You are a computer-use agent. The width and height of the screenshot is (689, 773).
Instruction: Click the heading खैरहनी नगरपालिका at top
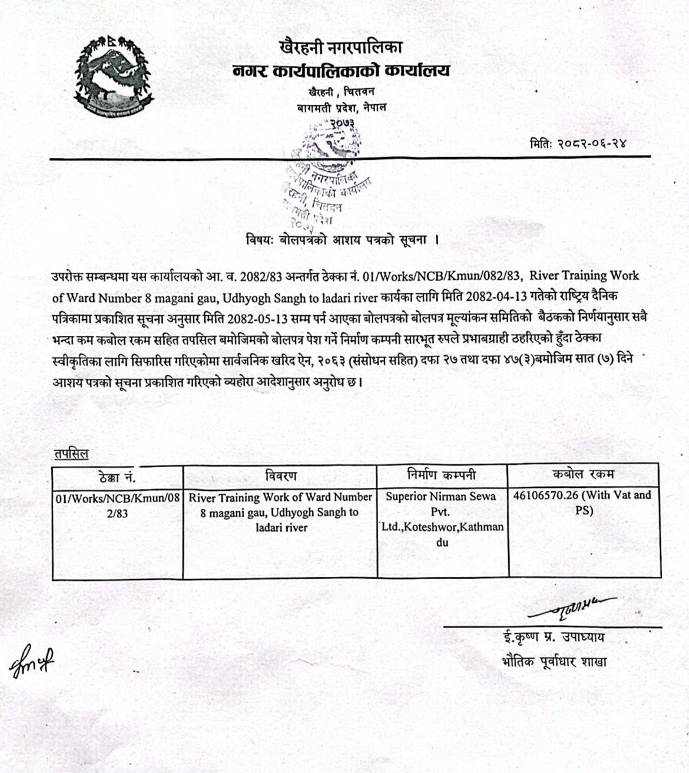[342, 47]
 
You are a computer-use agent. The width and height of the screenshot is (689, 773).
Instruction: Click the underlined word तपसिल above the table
[70, 454]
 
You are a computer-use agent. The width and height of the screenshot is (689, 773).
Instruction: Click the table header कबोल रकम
[583, 475]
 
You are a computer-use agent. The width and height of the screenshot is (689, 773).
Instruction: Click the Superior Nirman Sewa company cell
[442, 519]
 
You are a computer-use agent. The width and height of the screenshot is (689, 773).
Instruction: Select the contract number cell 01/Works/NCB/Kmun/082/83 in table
[117, 505]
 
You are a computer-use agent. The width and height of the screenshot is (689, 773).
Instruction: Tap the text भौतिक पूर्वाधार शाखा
[551, 661]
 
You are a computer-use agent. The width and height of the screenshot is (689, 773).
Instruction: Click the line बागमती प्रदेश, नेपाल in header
[342, 108]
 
